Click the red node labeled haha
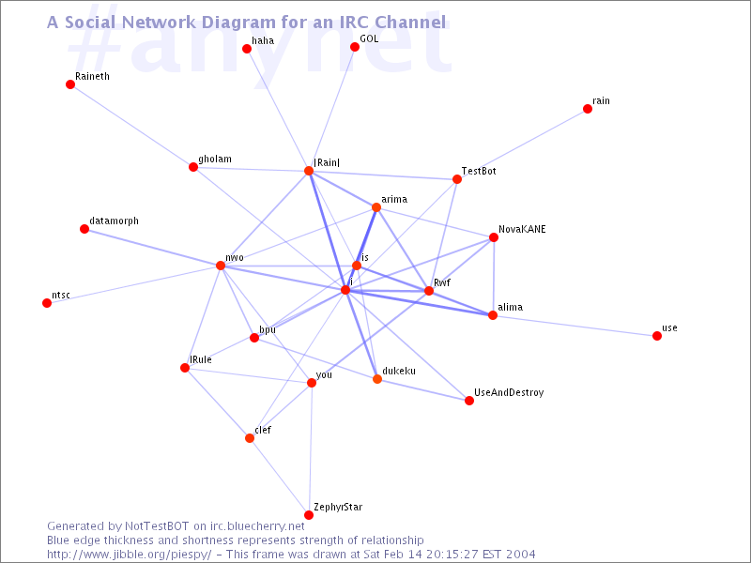247,49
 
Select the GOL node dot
355,47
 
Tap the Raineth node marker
70,84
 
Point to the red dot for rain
588,109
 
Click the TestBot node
457,179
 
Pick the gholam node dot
193,167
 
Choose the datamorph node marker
84,229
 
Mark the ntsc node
47,303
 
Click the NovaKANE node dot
494,237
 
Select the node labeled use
657,336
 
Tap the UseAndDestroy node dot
469,401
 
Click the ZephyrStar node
309,515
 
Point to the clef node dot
250,438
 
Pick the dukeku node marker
377,379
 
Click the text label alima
510,307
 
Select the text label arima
393,199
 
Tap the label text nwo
235,257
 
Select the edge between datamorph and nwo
152,248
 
